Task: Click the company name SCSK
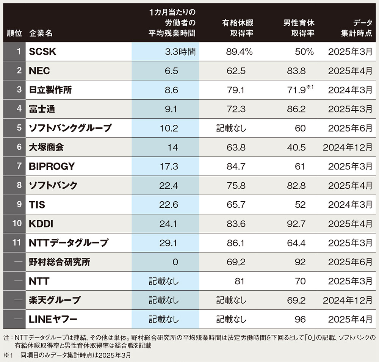click(42, 52)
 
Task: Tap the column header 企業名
click(41, 33)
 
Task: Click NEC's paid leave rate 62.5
click(236, 71)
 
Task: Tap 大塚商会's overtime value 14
click(172, 147)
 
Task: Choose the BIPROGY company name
click(52, 166)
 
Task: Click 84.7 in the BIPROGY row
click(236, 166)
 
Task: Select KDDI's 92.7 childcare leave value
click(296, 224)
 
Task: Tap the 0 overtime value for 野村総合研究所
click(175, 262)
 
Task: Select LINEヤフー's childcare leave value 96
click(300, 320)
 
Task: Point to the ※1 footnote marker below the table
click(8, 356)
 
